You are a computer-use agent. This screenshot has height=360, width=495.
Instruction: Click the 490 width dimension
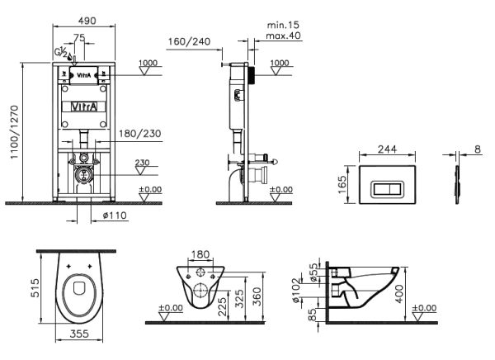pos(87,21)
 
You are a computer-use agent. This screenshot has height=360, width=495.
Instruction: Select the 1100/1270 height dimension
pos(15,132)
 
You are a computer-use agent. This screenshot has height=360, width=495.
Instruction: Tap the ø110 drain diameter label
pos(115,216)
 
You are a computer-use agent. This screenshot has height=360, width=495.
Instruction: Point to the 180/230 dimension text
pos(140,134)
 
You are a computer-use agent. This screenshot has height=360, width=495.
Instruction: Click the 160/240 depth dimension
pos(189,42)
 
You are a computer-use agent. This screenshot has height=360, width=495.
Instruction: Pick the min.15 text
pos(283,25)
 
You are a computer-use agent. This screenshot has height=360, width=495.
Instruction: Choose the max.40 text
pos(283,36)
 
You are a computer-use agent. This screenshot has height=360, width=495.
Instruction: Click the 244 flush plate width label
pos(388,149)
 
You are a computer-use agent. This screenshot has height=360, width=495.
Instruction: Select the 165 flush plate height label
pos(342,185)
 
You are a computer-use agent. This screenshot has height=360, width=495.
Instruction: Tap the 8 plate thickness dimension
pos(478,149)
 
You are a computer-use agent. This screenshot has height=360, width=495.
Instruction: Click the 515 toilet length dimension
pos(35,287)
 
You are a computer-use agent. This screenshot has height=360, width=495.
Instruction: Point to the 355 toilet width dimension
pos(79,334)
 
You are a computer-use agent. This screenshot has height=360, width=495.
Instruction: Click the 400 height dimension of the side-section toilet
pos(399,294)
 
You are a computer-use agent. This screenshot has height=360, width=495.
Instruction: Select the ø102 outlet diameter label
pos(295,290)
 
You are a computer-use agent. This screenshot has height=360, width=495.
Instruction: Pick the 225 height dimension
pos(223,307)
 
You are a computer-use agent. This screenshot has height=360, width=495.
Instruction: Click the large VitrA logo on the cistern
pos(84,107)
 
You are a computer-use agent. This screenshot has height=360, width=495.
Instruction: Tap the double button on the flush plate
pos(387,189)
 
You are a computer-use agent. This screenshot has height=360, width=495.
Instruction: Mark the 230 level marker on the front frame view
pos(142,163)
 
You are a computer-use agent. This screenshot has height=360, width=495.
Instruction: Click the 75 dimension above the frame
pos(79,38)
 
